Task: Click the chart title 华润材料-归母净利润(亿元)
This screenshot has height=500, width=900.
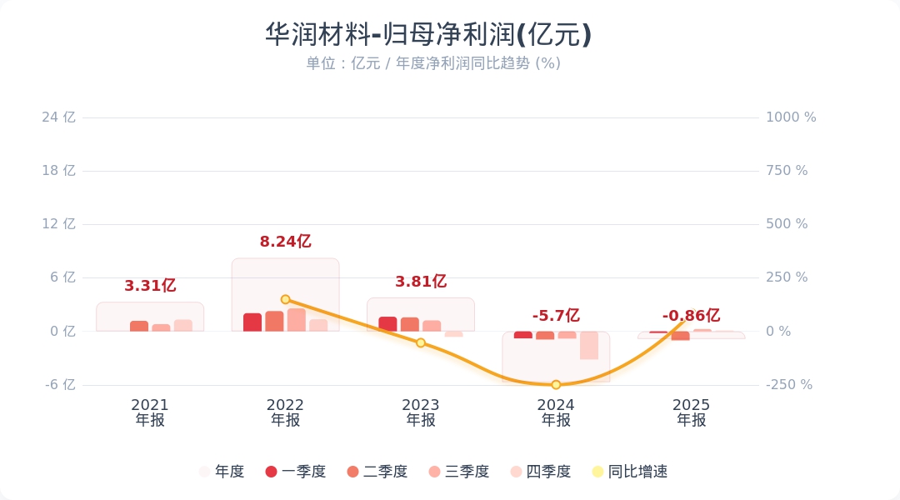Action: click(428, 35)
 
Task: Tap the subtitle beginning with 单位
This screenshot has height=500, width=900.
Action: click(432, 63)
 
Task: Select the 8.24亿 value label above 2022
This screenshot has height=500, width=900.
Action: click(285, 242)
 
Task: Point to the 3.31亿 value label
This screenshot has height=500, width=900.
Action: click(150, 286)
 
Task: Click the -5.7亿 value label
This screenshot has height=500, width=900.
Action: click(556, 316)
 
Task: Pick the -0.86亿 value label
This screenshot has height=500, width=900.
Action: click(691, 316)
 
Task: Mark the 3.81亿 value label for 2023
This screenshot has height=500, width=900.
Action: click(421, 282)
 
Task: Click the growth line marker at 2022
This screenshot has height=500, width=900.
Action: click(285, 299)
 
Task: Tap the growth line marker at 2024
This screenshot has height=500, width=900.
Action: click(556, 385)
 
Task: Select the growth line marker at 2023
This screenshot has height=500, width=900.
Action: click(421, 342)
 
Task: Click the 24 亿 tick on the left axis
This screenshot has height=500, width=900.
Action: click(58, 117)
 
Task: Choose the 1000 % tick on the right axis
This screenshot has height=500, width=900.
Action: click(791, 117)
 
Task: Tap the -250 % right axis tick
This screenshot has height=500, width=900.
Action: click(788, 385)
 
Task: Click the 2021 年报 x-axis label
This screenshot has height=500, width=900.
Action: click(150, 412)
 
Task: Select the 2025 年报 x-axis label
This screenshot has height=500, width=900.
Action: click(691, 412)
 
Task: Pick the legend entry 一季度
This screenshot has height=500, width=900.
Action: click(295, 472)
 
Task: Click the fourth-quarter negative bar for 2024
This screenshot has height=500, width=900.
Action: click(589, 345)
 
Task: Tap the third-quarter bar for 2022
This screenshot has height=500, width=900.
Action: click(297, 320)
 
